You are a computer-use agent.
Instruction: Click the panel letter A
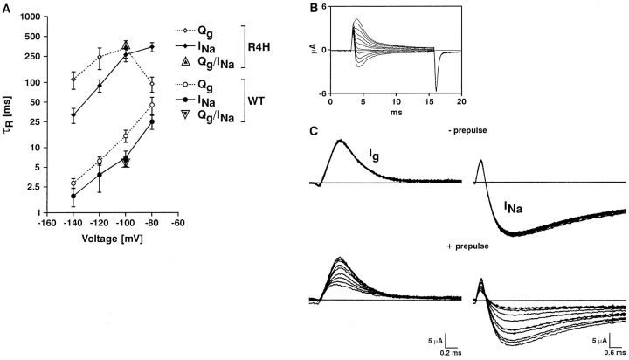tap(7, 8)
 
